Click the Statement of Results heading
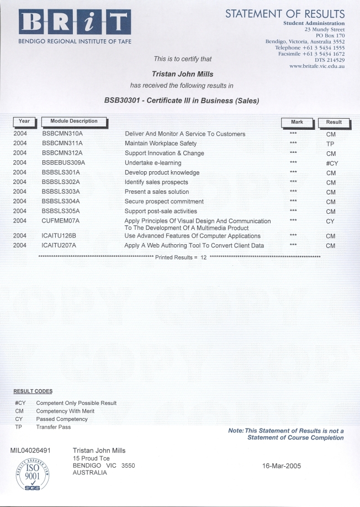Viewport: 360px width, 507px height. (x=284, y=13)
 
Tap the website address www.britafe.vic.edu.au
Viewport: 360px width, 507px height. (x=317, y=66)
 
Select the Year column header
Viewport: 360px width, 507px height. (x=24, y=122)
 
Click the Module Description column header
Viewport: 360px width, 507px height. (x=74, y=122)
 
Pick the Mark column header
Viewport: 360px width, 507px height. (x=297, y=122)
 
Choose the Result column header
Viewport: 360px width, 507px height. (x=333, y=122)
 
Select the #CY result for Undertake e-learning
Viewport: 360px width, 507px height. (x=331, y=163)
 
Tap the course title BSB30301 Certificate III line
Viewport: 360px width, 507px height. (x=182, y=101)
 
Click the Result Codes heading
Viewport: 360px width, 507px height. (x=33, y=392)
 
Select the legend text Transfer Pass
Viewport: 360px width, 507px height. (x=54, y=427)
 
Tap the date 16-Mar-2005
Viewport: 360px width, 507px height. (x=282, y=466)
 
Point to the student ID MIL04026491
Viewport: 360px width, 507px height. (x=31, y=451)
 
